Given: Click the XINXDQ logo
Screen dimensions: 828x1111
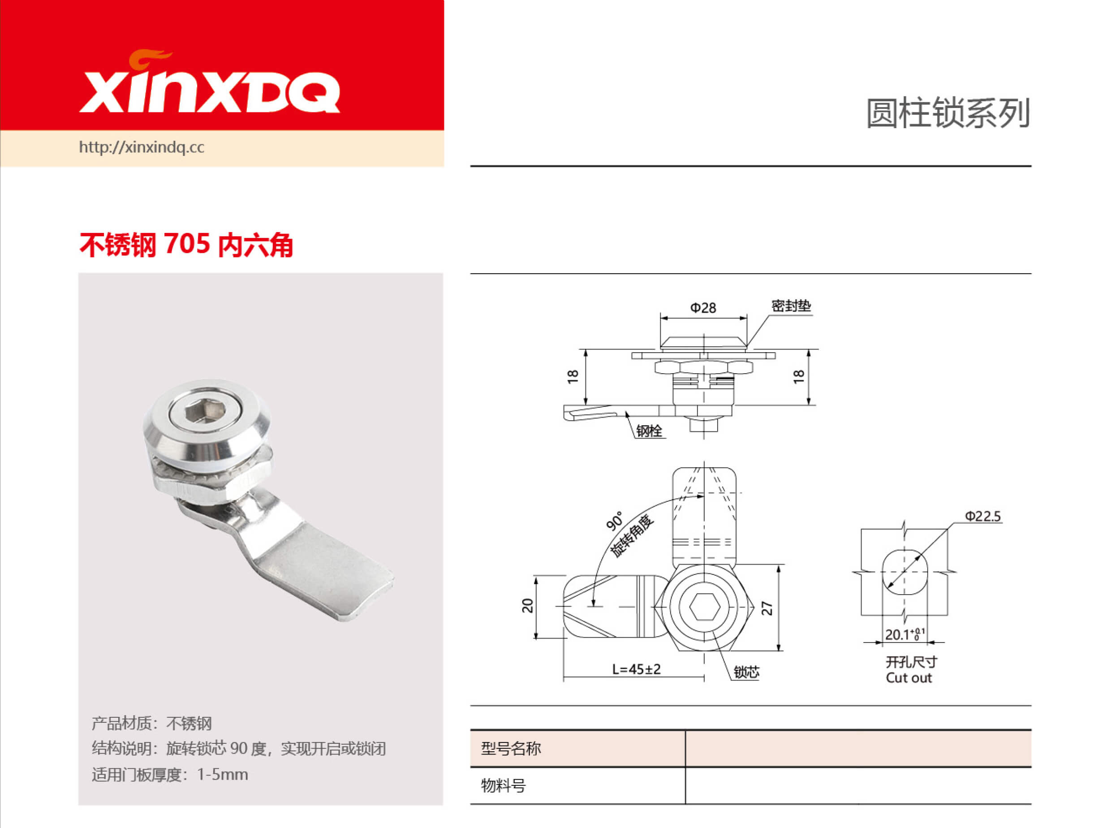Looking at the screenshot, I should pos(210,85).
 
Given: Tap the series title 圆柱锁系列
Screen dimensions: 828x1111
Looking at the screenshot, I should pos(947,113).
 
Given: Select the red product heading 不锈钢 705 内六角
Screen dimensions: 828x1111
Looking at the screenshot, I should pos(186,245).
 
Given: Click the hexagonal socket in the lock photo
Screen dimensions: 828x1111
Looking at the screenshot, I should pos(205,414).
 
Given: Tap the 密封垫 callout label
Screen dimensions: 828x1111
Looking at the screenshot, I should pos(791,306).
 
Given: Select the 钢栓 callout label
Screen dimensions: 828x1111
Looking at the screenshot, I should pos(649,431).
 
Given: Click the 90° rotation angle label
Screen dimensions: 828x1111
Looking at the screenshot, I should pos(614,521).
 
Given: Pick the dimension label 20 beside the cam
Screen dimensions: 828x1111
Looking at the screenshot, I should pos(527,606).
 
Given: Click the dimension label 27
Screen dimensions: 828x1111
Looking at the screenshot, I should pos(767,608).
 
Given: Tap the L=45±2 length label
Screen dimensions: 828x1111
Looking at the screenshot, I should pos(637,669).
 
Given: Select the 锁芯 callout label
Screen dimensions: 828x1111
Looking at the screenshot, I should pos(746,673).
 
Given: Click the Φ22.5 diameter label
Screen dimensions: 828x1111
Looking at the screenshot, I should pos(982,516).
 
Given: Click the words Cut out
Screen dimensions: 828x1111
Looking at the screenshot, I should pos(908,678).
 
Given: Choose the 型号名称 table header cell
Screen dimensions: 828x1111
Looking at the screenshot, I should pos(511,748).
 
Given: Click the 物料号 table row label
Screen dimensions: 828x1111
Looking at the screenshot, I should pos(503,785).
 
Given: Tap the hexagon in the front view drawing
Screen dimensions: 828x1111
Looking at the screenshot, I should pos(705,608).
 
